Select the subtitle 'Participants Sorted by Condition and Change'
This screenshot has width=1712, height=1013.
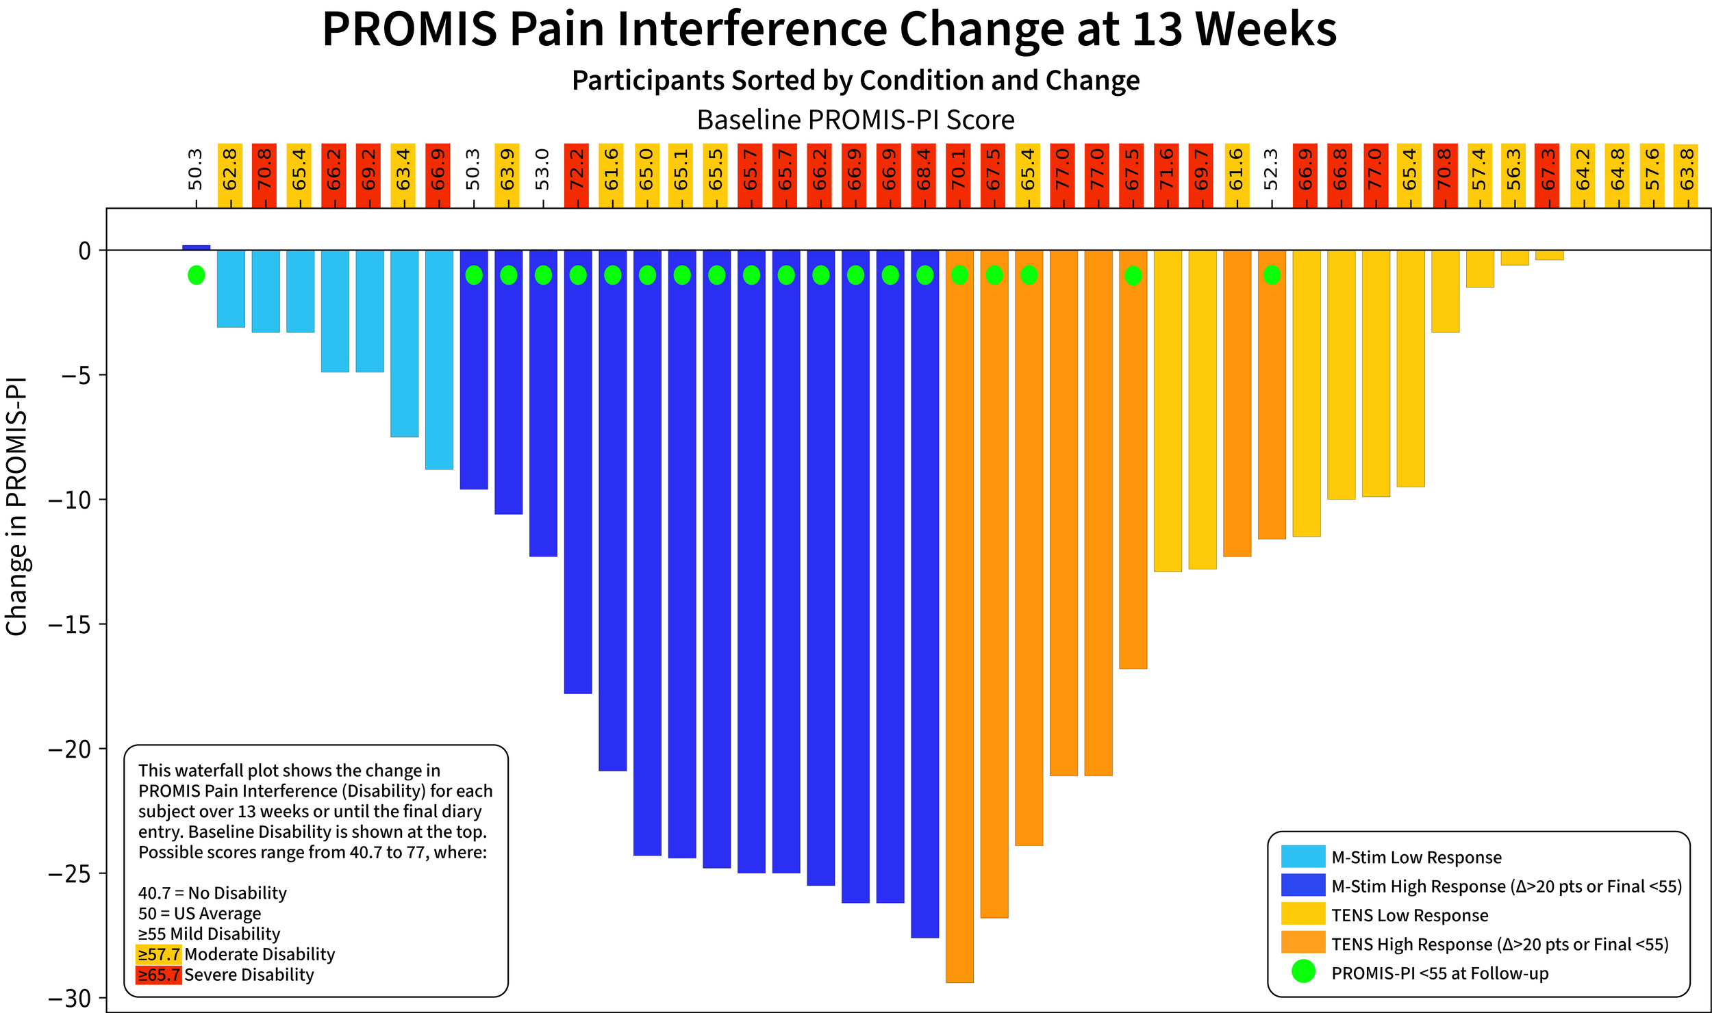(856, 80)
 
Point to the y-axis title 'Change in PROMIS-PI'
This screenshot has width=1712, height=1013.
(16, 506)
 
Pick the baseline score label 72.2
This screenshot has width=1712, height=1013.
(577, 168)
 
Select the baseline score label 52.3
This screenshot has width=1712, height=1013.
(1272, 168)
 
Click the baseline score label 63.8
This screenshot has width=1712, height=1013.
(1687, 168)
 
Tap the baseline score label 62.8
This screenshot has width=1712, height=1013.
(230, 168)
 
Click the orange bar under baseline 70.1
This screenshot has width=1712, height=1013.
(959, 616)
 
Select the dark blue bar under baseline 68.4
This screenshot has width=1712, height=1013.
(924, 593)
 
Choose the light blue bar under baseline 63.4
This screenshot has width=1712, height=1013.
(404, 344)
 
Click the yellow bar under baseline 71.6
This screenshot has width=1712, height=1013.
(1168, 411)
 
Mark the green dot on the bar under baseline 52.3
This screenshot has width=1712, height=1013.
(1272, 275)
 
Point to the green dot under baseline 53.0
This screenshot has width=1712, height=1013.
(543, 275)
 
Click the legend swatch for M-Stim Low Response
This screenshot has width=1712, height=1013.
(1303, 856)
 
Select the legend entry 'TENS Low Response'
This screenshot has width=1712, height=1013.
(1409, 915)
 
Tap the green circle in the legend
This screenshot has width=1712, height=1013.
(1303, 972)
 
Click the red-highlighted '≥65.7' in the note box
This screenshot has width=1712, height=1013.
(159, 975)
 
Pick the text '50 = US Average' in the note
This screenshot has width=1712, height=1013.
(200, 914)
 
